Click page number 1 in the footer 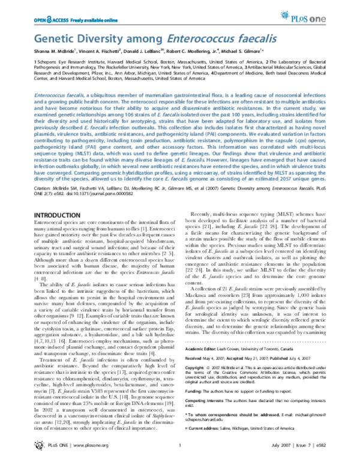[x=179, y=453]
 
